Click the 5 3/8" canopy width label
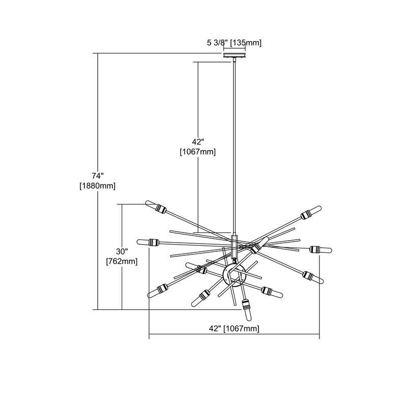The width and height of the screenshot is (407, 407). tap(218, 43)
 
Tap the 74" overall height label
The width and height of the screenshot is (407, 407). tap(98, 176)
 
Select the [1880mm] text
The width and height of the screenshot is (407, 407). tap(98, 186)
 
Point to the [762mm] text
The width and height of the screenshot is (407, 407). tap(122, 261)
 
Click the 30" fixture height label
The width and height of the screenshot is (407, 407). tap(122, 251)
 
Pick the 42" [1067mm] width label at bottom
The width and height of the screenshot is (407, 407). tap(234, 329)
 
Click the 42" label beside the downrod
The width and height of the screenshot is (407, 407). tap(198, 142)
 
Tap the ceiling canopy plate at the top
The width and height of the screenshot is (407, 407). tap(235, 55)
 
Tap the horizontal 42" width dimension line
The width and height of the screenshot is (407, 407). tap(234, 334)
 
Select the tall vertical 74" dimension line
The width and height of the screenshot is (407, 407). tap(98, 181)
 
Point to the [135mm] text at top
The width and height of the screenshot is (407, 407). tap(246, 43)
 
